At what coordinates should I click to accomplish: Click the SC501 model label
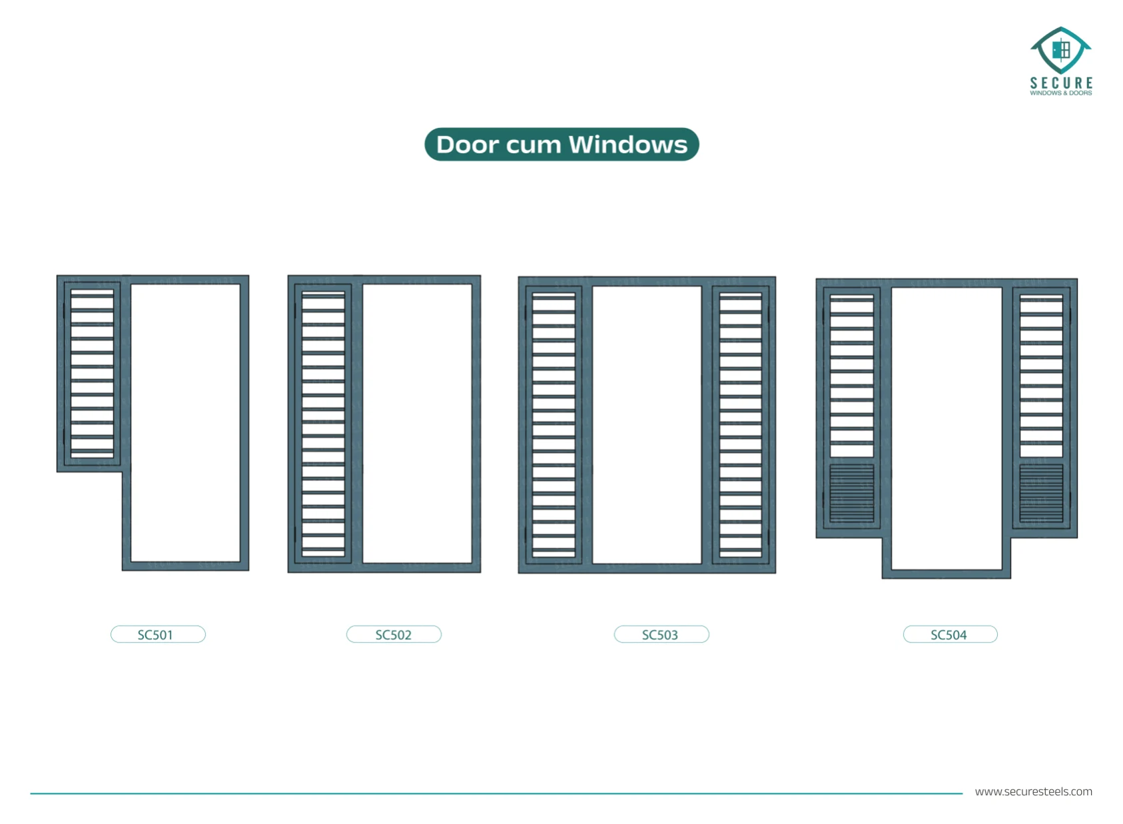coord(158,634)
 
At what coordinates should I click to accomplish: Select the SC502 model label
coord(394,634)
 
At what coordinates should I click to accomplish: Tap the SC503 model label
coord(661,634)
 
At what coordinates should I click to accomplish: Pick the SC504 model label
coord(950,634)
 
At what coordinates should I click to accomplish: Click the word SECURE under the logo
coord(1061,83)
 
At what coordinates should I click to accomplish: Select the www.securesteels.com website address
coord(1033,791)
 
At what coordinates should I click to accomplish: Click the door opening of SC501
coord(185,423)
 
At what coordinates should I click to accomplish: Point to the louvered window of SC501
coord(92,374)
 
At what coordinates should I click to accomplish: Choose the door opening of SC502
coord(417,424)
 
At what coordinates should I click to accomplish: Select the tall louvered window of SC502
coord(323,424)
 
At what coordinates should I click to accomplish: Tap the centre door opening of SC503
coord(647,425)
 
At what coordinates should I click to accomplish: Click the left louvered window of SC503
coord(554,425)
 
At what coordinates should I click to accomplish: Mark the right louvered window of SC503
coord(741,425)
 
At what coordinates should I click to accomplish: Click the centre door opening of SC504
coord(946,429)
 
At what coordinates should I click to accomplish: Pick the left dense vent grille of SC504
coord(852,493)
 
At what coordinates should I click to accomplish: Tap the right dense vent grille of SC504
coord(1041,493)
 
